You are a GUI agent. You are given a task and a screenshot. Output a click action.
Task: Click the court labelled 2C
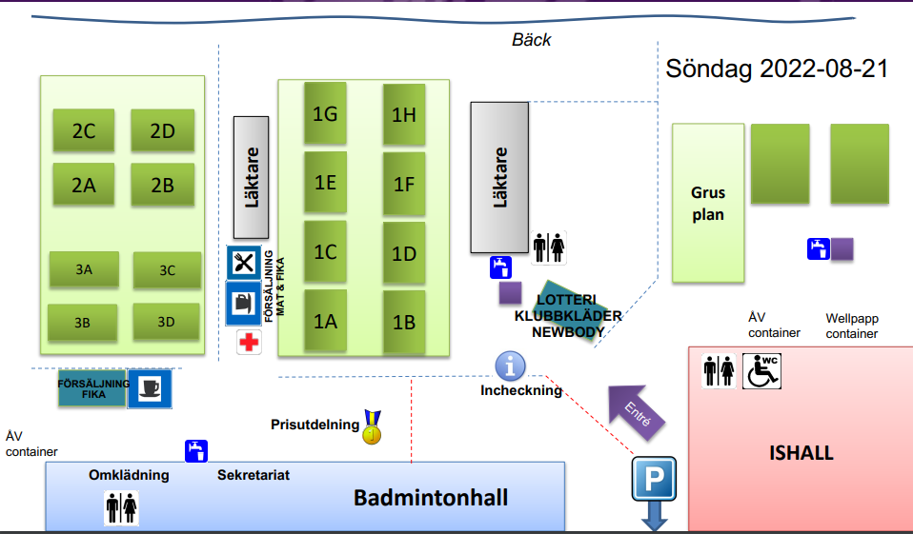click(84, 131)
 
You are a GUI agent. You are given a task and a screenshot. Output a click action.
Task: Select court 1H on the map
click(404, 114)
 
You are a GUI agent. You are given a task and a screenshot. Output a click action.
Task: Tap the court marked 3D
click(167, 322)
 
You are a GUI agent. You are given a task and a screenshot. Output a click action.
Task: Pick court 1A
click(326, 321)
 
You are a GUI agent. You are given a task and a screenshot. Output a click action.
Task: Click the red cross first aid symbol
click(249, 343)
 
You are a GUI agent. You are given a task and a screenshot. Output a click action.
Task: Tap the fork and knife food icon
click(244, 263)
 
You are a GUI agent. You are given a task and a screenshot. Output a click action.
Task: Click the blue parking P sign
click(654, 480)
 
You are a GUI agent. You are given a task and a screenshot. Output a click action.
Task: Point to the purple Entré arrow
click(635, 409)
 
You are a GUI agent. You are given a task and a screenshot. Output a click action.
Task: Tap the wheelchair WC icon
click(761, 370)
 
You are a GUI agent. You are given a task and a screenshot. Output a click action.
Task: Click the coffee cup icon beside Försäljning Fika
click(150, 388)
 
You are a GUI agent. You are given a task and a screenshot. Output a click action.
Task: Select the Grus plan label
click(708, 204)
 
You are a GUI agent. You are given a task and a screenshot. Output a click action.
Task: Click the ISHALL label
click(801, 453)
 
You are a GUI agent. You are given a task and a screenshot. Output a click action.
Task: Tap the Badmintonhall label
click(431, 498)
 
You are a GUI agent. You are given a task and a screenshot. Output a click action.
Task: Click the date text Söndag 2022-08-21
click(777, 69)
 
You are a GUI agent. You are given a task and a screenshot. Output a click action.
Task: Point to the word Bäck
click(532, 40)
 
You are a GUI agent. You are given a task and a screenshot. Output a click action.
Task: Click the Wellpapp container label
click(851, 326)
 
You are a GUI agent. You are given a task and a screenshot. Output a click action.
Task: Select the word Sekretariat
click(254, 475)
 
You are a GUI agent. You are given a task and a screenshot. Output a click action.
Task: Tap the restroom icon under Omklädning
click(122, 507)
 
